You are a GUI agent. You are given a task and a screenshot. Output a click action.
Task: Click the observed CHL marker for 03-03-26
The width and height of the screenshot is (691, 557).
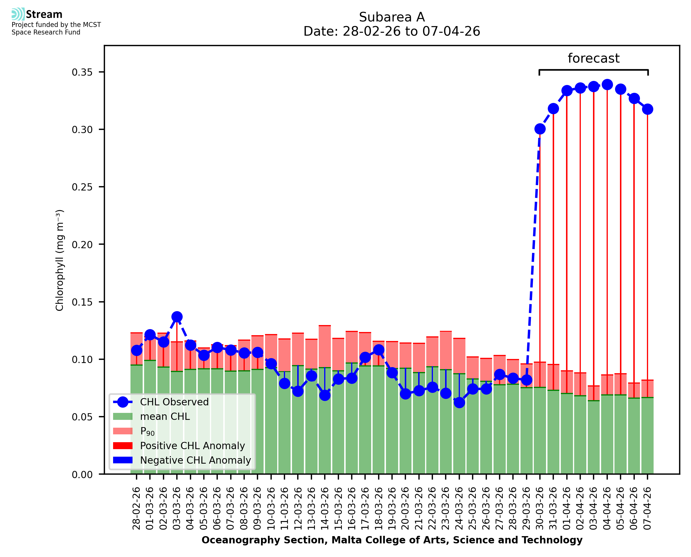pyautogui.click(x=177, y=317)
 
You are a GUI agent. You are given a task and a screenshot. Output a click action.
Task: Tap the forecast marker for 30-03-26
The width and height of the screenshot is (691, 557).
pyautogui.click(x=540, y=129)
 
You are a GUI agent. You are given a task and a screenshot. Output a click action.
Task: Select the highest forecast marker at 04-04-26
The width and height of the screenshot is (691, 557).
pyautogui.click(x=607, y=85)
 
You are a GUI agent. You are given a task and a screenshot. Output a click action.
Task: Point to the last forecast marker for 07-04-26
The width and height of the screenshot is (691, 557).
pyautogui.click(x=648, y=109)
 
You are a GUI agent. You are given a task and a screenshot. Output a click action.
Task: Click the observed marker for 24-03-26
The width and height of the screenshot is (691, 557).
pyautogui.click(x=459, y=402)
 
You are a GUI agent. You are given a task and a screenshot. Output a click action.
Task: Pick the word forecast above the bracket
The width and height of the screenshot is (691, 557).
pyautogui.click(x=594, y=58)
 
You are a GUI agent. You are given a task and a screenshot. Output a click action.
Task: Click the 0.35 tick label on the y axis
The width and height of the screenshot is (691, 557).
pyautogui.click(x=82, y=72)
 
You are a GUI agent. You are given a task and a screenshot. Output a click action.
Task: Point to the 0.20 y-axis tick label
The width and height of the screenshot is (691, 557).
pyautogui.click(x=82, y=245)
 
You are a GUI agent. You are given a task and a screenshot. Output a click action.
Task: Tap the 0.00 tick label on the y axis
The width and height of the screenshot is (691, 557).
pyautogui.click(x=82, y=475)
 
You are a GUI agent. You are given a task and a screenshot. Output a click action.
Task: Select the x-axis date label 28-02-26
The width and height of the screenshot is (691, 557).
pyautogui.click(x=137, y=508)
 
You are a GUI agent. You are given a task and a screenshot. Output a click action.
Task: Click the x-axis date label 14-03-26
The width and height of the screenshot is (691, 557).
pyautogui.click(x=325, y=508)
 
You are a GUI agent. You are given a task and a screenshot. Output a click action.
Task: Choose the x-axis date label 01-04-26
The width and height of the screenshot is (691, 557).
pyautogui.click(x=567, y=508)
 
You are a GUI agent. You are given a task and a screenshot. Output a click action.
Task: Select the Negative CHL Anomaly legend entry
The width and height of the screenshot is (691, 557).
pyautogui.click(x=195, y=460)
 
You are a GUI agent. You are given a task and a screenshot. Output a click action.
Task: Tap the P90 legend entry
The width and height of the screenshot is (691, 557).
pyautogui.click(x=147, y=431)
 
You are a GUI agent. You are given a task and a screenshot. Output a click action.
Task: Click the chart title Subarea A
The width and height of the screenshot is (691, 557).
pyautogui.click(x=392, y=17)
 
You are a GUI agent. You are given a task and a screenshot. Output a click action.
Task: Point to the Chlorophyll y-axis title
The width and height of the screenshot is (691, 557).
pyautogui.click(x=60, y=260)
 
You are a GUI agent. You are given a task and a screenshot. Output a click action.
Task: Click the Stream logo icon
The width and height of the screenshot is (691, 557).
pyautogui.click(x=18, y=14)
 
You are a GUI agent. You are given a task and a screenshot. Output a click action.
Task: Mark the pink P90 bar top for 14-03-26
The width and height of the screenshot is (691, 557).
pyautogui.click(x=325, y=326)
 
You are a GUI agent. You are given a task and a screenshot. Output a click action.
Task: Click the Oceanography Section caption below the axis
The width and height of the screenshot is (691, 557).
pyautogui.click(x=392, y=540)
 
